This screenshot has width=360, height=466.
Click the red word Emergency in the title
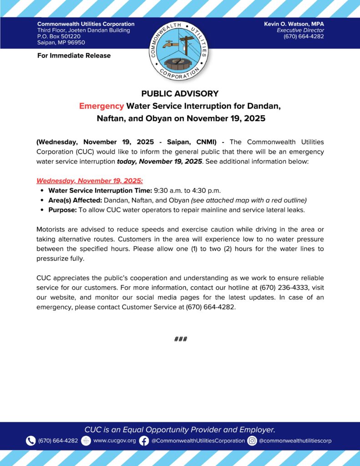pos(101,106)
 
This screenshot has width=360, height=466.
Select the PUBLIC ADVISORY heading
pos(180,94)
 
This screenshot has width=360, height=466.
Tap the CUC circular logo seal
pos(180,49)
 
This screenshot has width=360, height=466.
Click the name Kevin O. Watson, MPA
pos(294,24)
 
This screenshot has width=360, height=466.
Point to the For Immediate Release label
pos(74,56)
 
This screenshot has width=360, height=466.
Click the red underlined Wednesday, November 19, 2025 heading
pos(90,181)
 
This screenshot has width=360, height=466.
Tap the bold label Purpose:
pos(62,210)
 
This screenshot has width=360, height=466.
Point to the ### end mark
pos(181,339)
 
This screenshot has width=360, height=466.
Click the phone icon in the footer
pos(30,441)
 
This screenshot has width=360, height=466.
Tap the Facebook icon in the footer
pos(144,441)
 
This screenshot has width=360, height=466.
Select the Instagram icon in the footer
pos(252,441)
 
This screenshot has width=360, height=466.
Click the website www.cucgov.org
pos(115,441)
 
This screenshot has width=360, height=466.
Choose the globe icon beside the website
pos(86,441)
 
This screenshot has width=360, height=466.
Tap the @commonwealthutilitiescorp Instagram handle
pos(295,441)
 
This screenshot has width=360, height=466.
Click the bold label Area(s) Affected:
pos(75,200)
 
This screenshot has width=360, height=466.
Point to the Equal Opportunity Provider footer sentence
pos(180,430)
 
